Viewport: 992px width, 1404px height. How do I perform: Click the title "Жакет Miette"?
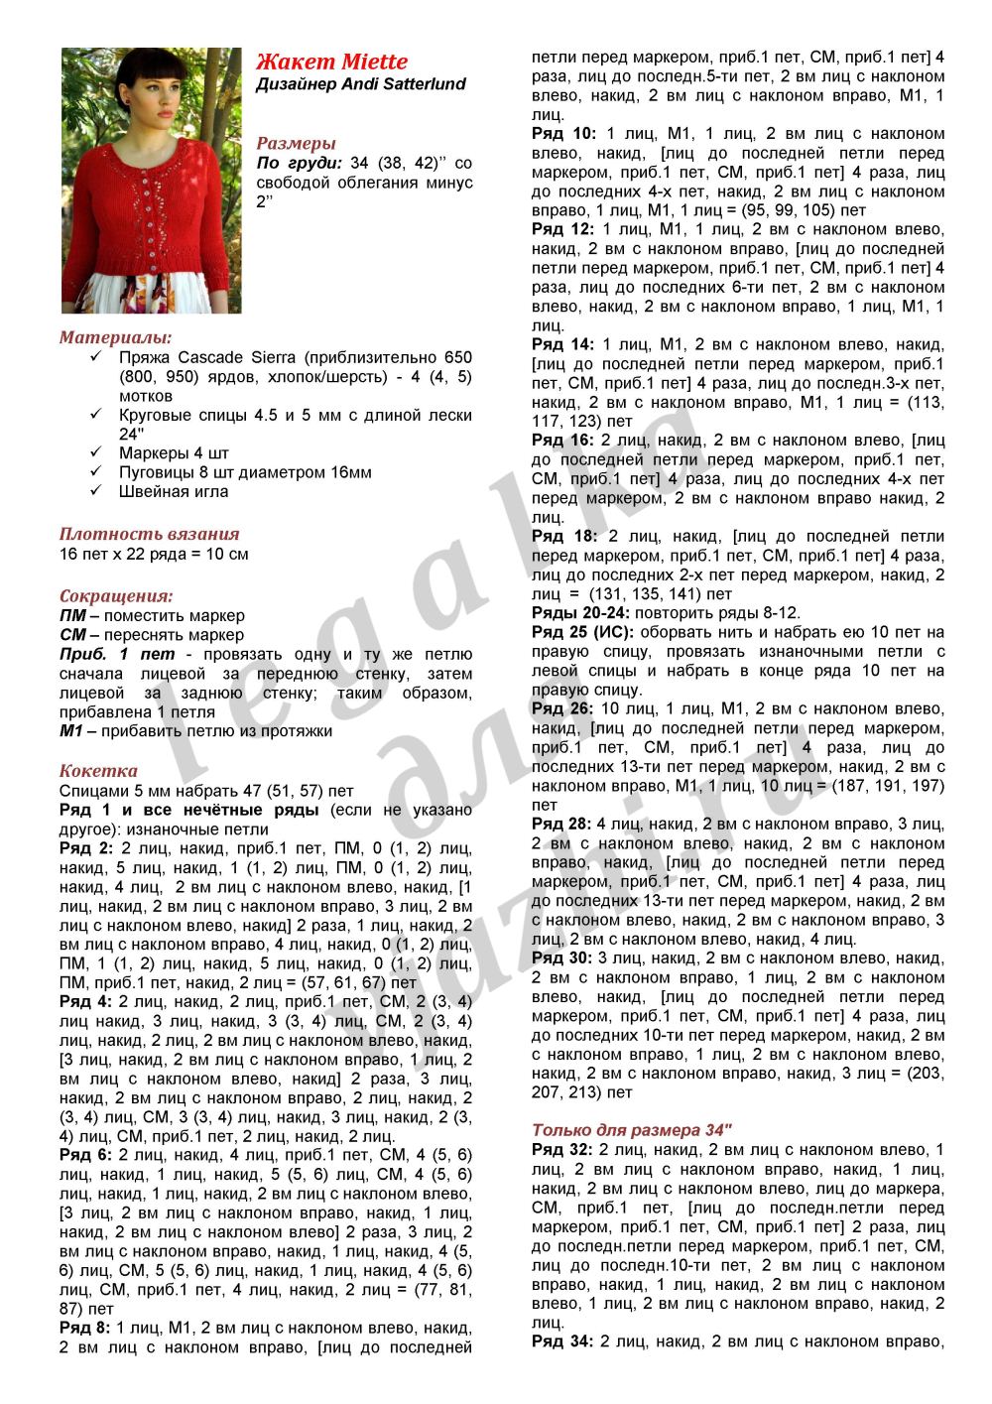331,62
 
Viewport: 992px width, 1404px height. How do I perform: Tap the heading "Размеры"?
296,143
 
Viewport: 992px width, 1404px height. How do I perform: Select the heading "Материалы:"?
115,337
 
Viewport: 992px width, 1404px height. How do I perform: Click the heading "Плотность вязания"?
150,534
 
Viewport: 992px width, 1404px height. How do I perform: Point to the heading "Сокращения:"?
116,596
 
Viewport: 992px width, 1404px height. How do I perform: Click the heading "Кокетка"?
98,771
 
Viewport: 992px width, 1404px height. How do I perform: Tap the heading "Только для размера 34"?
631,1129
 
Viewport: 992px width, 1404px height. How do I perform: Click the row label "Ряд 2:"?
86,848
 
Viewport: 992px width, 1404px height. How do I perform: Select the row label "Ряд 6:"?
86,1155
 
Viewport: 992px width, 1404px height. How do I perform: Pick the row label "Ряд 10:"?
563,134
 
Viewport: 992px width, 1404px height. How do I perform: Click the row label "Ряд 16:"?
562,440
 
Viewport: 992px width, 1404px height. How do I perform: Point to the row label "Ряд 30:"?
562,957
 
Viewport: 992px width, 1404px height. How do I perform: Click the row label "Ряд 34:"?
562,1341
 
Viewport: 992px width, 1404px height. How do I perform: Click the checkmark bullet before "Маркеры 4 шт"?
95,453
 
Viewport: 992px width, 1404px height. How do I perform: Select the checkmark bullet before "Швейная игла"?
95,491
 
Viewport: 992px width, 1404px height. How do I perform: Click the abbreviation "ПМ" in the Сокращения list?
72,616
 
